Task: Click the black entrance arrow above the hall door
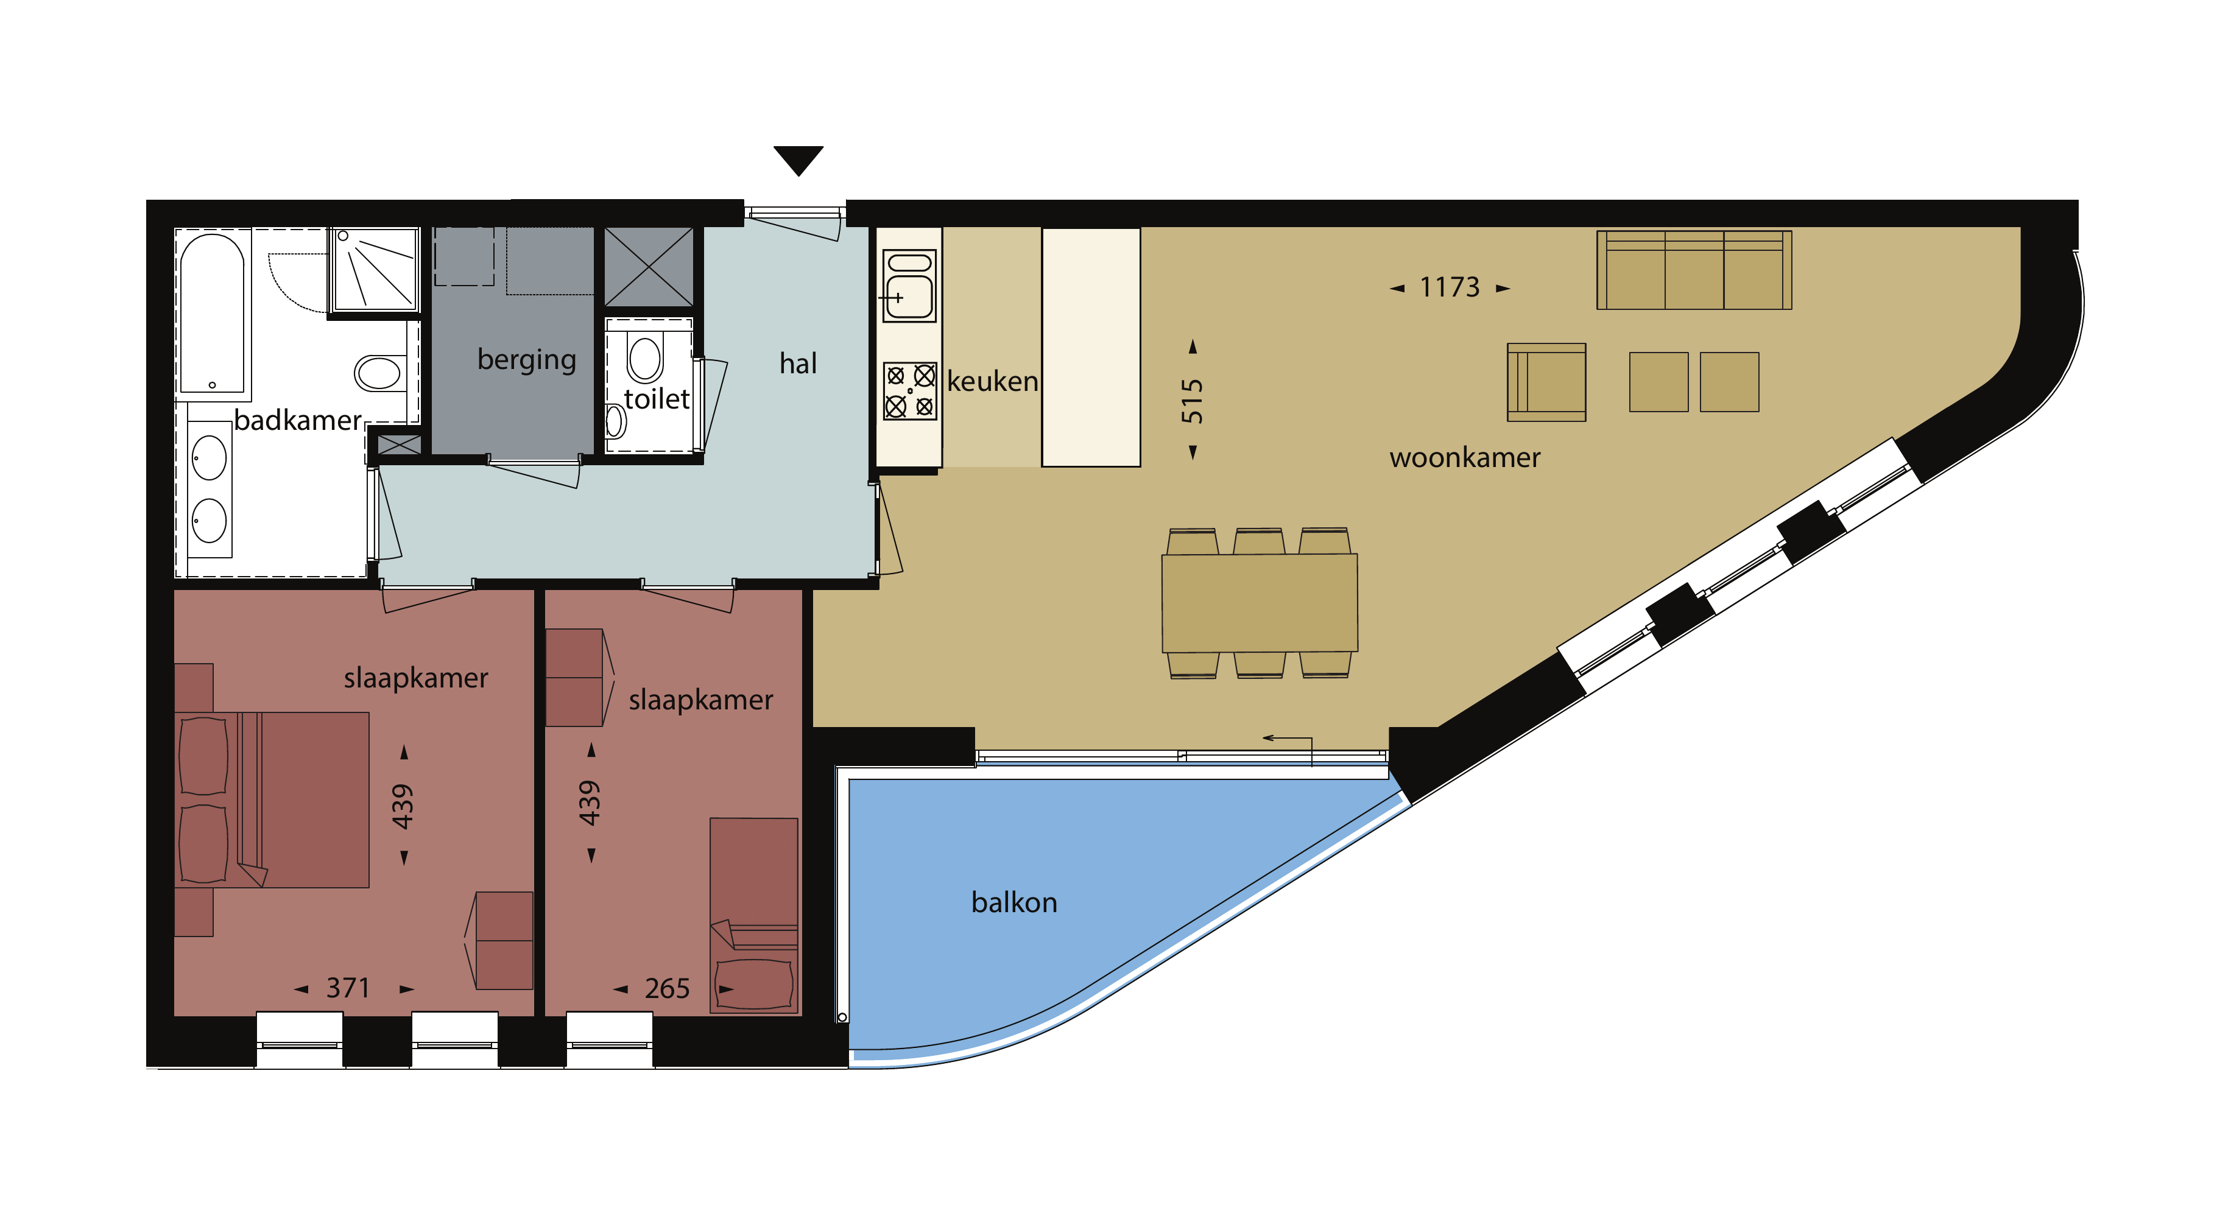pyautogui.click(x=798, y=158)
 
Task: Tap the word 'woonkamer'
pyautogui.click(x=1465, y=457)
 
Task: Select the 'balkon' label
pyautogui.click(x=1014, y=902)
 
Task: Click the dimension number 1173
pyautogui.click(x=1450, y=287)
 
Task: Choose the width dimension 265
pyautogui.click(x=667, y=988)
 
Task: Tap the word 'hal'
pyautogui.click(x=798, y=363)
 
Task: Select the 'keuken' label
pyautogui.click(x=993, y=381)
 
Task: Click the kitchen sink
pyautogui.click(x=909, y=286)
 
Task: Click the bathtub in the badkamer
pyautogui.click(x=211, y=314)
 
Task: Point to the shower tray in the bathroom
pyautogui.click(x=374, y=269)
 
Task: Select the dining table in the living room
pyautogui.click(x=1260, y=603)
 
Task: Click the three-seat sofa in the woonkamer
pyautogui.click(x=1694, y=270)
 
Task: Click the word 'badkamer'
pyautogui.click(x=298, y=420)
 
